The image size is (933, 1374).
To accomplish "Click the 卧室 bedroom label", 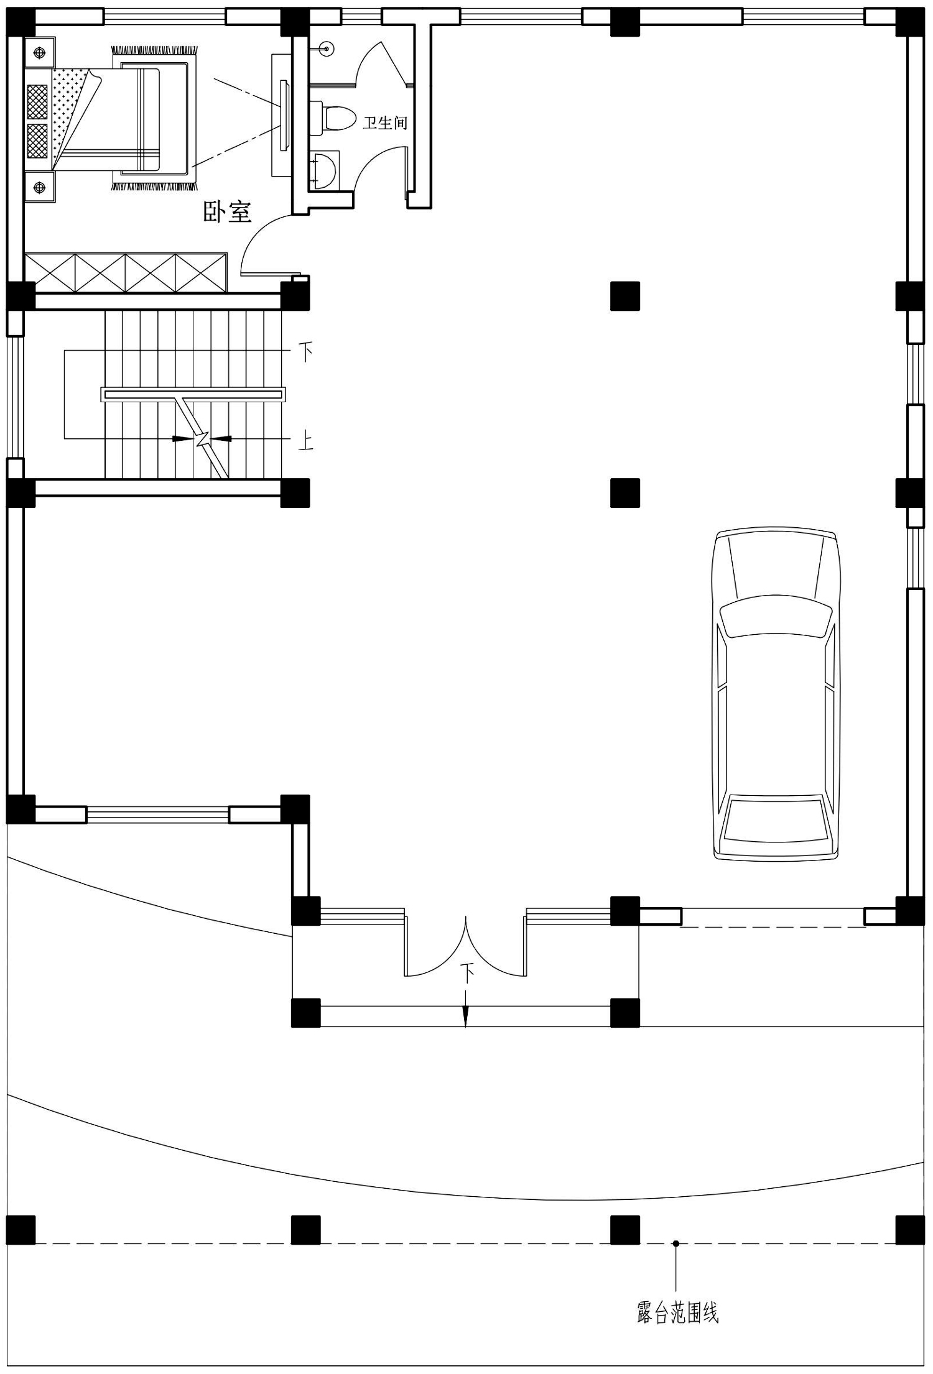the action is [x=228, y=212].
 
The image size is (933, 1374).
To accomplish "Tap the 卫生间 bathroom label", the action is [x=385, y=122].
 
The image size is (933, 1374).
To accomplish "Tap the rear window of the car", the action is [x=774, y=818].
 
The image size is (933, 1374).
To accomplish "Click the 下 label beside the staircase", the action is [x=306, y=353].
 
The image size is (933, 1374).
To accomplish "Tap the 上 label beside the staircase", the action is [x=305, y=441].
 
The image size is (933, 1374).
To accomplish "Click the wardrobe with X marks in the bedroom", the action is [x=125, y=272].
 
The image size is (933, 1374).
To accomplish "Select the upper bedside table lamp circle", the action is [x=39, y=52].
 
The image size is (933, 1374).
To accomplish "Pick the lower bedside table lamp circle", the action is [x=39, y=186].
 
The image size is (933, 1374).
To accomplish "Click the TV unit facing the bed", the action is [x=281, y=115].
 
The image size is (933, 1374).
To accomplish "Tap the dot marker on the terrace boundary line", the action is [x=676, y=1243].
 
